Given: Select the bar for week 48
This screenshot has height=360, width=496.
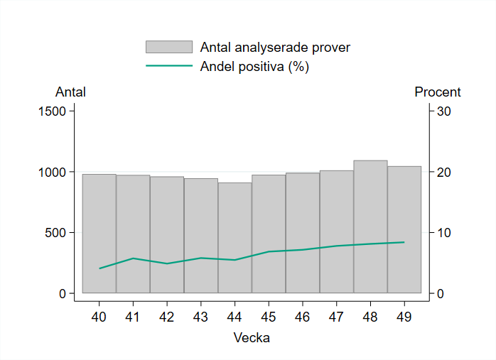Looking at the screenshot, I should coord(370,227).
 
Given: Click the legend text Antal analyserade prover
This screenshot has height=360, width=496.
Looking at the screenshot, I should coord(275,48).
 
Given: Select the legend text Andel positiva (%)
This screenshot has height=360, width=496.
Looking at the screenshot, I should coord(254,67).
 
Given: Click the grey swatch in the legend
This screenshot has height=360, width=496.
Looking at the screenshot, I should coord(169,47).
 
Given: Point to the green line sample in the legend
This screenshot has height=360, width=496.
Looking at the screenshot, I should coord(169,66).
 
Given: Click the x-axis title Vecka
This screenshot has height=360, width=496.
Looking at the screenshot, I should coord(252,338).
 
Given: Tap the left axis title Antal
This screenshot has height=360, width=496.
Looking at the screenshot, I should coord(70,92).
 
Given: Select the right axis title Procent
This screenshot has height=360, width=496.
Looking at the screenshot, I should coord(438,92).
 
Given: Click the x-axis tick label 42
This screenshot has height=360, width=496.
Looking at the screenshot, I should coord(167,317).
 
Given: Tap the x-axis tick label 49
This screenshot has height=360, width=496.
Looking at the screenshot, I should coord(404,317).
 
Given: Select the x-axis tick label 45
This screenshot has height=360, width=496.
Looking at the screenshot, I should coord(269,317).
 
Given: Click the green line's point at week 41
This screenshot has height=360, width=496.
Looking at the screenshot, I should coord(133,258).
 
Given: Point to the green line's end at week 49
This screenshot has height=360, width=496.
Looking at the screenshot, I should coord(404,242).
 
